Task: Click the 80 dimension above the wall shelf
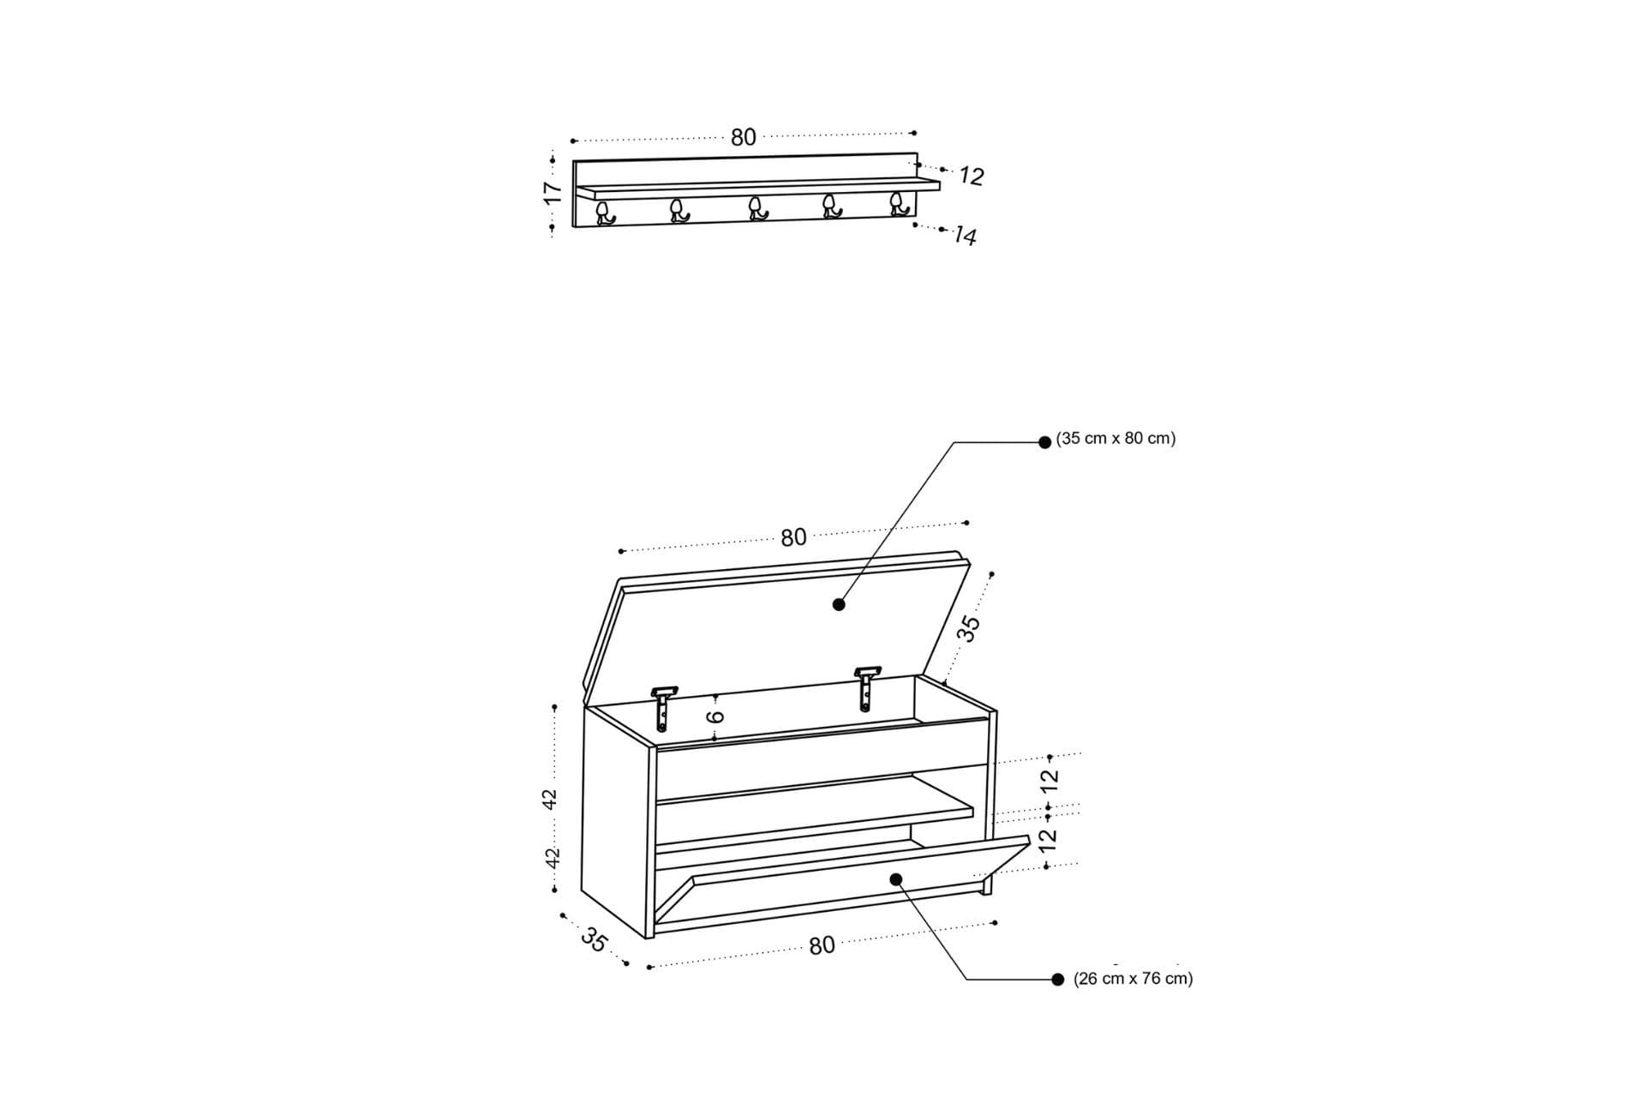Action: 744,137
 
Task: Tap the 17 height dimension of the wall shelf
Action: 553,193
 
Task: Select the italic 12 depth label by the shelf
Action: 972,176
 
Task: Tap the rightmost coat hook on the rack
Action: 898,204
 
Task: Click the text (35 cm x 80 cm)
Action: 1116,438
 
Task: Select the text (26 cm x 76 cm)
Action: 1133,978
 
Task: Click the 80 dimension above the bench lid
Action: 793,537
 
